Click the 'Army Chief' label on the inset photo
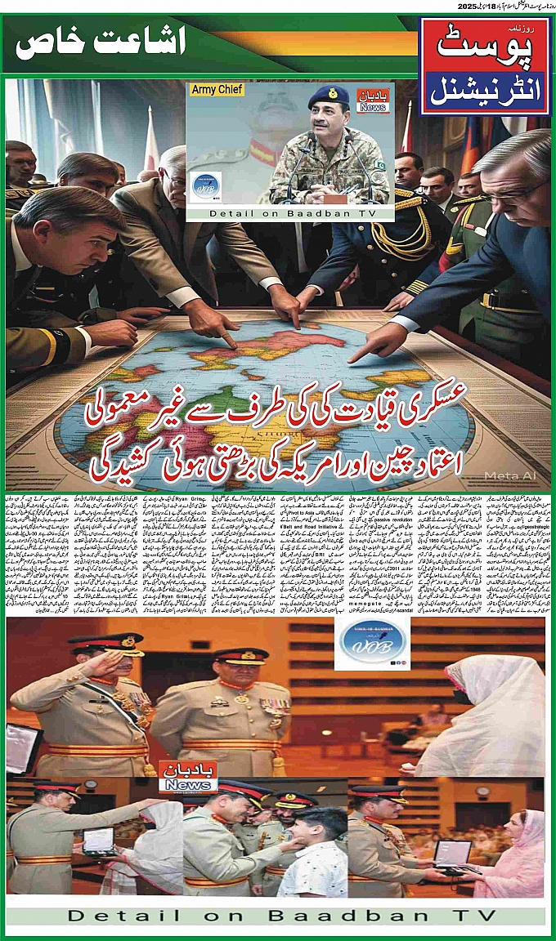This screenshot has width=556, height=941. click(x=217, y=90)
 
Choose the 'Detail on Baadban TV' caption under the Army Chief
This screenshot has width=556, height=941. click(x=290, y=213)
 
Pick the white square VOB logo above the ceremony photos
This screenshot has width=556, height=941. click(x=372, y=644)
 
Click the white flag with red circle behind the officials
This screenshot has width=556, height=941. click(x=150, y=139)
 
